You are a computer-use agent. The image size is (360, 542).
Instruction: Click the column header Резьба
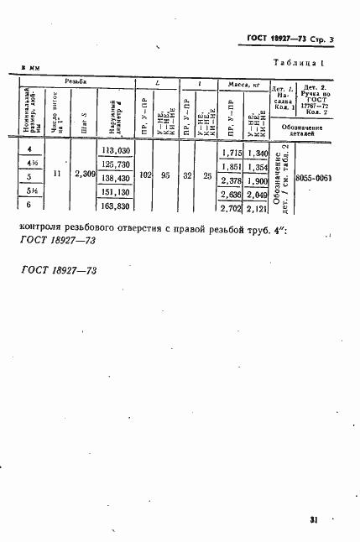click(x=83, y=82)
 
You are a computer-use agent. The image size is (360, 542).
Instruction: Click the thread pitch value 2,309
click(x=85, y=175)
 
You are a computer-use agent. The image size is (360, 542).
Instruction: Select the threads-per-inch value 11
click(x=56, y=175)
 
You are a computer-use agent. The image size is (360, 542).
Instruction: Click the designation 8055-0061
click(x=316, y=180)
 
